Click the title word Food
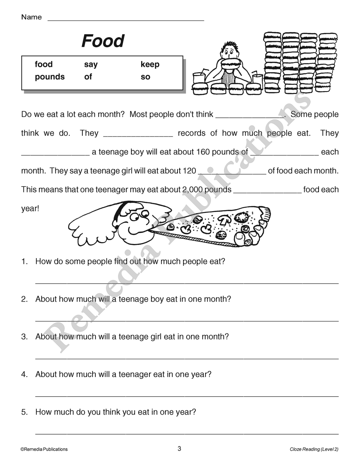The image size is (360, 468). click(x=103, y=41)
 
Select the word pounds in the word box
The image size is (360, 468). click(x=50, y=77)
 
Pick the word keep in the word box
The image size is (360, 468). click(x=150, y=64)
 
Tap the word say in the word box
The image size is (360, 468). click(x=91, y=64)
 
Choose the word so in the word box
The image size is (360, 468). click(x=145, y=77)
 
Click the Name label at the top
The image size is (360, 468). click(x=31, y=17)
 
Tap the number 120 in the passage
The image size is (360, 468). click(x=189, y=171)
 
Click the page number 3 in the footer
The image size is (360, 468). click(x=179, y=449)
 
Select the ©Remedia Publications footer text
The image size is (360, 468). click(x=44, y=449)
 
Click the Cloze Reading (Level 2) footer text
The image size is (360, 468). click(x=314, y=449)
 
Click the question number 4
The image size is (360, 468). click(x=24, y=374)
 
